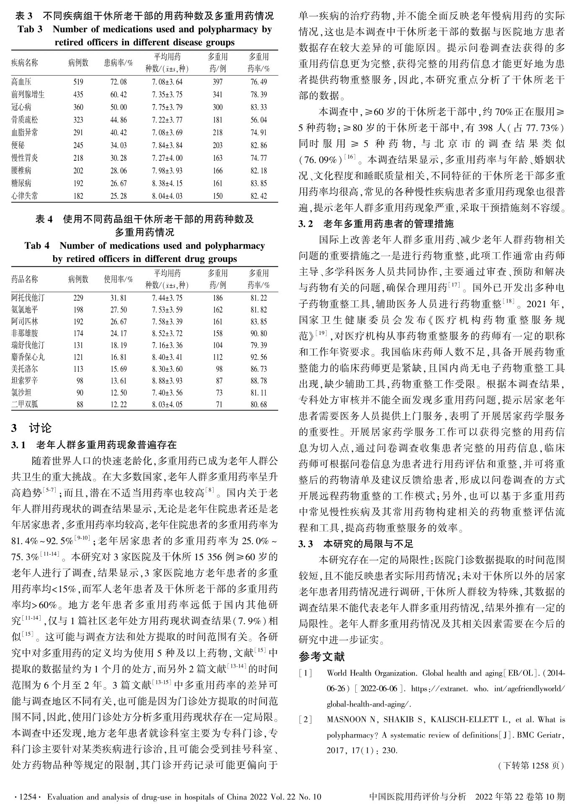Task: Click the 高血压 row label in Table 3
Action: pyautogui.click(x=21, y=82)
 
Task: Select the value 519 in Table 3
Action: pyautogui.click(x=78, y=82)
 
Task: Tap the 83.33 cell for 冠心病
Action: pyautogui.click(x=258, y=108)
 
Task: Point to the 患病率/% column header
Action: pyautogui.click(x=119, y=63)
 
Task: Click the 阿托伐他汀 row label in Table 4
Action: pyautogui.click(x=28, y=298)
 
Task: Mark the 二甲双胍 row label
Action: pyautogui.click(x=25, y=404)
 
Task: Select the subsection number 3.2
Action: pyautogui.click(x=306, y=224)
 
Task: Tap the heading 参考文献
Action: pyautogui.click(x=322, y=656)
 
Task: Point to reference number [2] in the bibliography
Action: pyautogui.click(x=305, y=720)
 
